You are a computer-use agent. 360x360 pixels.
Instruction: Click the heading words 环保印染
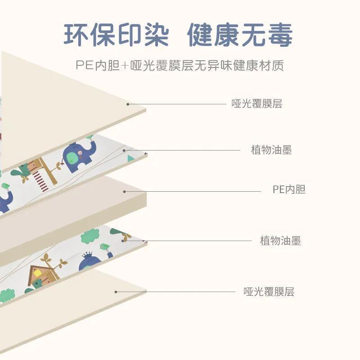116,35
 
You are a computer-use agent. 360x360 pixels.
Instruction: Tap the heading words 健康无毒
240,35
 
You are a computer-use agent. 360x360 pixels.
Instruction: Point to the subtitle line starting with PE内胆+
180,66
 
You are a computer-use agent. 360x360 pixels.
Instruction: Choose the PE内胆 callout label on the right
289,189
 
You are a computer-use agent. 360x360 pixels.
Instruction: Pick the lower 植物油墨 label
280,241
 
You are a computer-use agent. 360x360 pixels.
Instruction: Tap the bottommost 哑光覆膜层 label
269,292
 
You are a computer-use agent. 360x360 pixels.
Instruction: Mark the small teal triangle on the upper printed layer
130,158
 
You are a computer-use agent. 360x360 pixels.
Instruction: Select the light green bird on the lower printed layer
104,247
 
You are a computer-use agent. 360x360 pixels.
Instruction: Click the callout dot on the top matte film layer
128,104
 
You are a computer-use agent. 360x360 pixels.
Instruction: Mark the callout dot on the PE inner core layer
125,191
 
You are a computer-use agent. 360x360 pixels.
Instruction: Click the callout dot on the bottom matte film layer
116,292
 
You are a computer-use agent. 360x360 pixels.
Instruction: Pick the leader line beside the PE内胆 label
193,191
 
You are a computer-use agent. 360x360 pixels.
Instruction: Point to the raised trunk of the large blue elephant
93,146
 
